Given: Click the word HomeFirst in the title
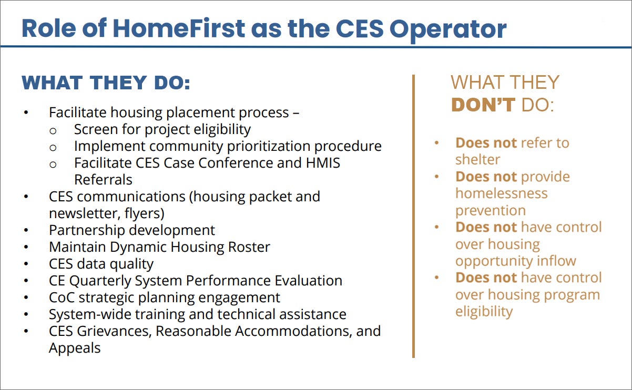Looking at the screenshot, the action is (179, 28).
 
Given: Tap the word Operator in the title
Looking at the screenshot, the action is (448, 30).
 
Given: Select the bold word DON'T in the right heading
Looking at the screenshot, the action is (483, 105).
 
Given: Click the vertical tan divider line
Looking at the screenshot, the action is (413, 216).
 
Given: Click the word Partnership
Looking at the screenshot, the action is (87, 231).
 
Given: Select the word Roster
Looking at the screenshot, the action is (249, 247).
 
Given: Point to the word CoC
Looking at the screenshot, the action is (62, 297).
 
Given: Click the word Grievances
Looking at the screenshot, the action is (114, 331).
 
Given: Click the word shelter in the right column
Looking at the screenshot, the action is (477, 160).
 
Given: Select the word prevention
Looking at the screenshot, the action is (491, 211).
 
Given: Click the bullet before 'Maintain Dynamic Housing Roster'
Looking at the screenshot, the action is (26, 248).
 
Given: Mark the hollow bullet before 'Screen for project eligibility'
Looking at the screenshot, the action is (53, 131).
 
